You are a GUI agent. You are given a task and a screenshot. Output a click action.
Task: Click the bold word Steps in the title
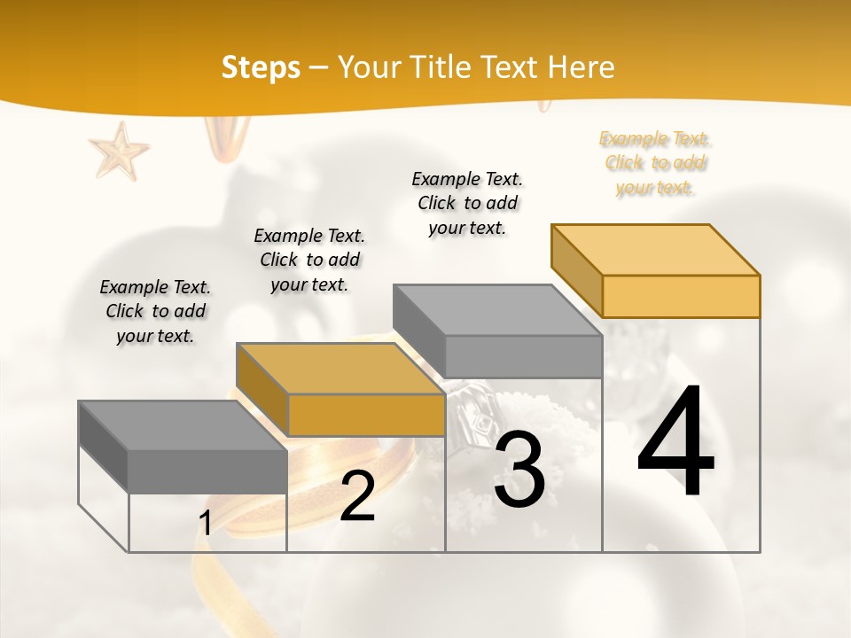click(x=261, y=67)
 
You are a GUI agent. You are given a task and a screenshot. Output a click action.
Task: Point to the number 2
click(x=357, y=496)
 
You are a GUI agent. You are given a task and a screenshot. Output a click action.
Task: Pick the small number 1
click(x=206, y=524)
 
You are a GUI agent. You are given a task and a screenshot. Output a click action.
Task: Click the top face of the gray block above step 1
click(x=183, y=425)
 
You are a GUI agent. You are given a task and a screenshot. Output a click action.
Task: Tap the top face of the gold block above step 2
click(x=340, y=369)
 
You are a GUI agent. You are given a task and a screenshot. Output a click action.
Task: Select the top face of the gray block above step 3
click(x=497, y=310)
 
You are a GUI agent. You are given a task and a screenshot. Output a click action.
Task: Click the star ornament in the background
click(x=119, y=150)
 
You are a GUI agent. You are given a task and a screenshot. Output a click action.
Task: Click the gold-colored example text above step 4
click(x=655, y=163)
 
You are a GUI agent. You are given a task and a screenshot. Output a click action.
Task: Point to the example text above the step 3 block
click(x=467, y=203)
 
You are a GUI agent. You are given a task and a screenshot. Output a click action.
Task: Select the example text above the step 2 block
click(x=309, y=260)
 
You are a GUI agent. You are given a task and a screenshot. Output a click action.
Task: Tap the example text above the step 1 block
click(x=155, y=311)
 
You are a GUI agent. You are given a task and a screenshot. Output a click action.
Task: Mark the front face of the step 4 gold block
click(x=681, y=296)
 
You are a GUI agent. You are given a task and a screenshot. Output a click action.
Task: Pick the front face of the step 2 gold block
click(x=366, y=415)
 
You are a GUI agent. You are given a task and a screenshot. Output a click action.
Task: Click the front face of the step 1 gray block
click(x=207, y=471)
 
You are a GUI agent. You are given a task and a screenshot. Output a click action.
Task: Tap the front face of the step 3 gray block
click(x=523, y=356)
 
